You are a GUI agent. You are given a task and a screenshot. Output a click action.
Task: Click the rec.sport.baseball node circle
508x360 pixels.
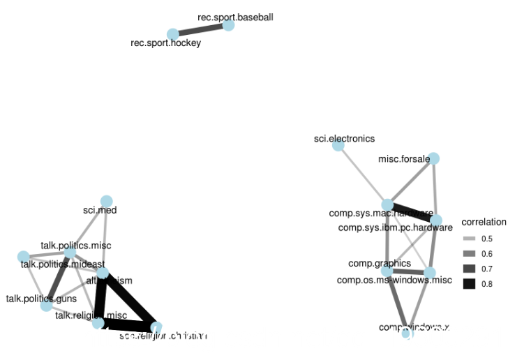[228, 25]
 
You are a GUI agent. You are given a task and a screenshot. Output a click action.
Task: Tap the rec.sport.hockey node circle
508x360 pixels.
[172, 34]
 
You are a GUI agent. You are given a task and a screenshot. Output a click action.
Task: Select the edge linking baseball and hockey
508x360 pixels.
[200, 30]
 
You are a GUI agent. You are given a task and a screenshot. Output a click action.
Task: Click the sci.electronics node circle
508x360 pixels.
[338, 145]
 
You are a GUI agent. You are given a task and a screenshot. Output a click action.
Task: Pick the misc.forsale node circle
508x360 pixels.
[433, 159]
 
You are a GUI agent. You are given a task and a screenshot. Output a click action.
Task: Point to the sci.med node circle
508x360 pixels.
[106, 202]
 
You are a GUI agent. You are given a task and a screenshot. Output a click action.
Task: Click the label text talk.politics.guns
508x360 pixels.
[41, 299]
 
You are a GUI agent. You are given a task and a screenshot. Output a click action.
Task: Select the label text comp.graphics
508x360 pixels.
[380, 263]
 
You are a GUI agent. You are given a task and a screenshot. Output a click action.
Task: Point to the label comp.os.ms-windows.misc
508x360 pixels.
[394, 280]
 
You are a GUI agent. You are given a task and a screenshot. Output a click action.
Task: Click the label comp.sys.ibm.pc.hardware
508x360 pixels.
[395, 227]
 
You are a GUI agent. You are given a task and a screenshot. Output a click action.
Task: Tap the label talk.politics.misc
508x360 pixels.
[75, 246]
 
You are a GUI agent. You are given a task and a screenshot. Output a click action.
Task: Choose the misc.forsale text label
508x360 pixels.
[405, 159]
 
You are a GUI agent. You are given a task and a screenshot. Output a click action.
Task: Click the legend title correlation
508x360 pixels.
[484, 223]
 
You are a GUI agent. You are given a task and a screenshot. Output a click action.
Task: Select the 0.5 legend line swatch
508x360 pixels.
[469, 239]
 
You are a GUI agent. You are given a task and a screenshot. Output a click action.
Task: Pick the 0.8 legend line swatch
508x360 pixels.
[469, 283]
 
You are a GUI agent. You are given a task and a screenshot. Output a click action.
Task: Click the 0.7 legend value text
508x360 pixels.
[487, 269]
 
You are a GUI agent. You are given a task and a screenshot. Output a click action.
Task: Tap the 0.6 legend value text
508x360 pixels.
[487, 253]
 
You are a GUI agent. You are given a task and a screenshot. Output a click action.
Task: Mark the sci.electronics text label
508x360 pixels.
[344, 139]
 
